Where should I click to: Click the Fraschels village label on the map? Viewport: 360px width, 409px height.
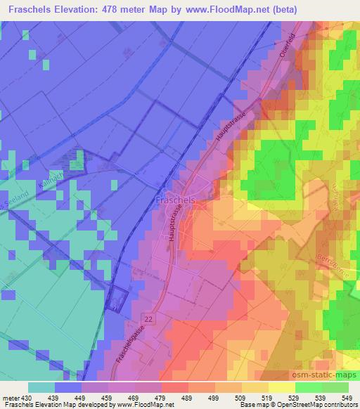pos(174,200)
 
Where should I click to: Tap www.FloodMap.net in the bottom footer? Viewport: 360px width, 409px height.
pos(139,405)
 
